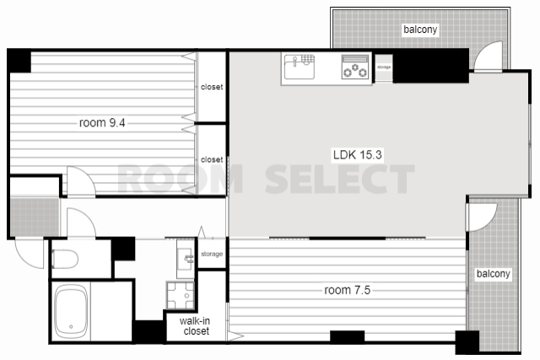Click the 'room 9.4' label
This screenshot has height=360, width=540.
tap(102, 122)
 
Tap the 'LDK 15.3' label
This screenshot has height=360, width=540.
tap(358, 154)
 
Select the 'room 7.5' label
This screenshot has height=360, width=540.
tap(347, 290)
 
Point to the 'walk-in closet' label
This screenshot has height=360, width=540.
tap(195, 326)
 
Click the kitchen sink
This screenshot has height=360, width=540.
tap(299, 67)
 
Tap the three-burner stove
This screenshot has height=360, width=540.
tap(354, 67)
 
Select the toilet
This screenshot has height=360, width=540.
tap(65, 259)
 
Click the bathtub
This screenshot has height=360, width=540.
tap(71, 312)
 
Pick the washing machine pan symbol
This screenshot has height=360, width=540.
tap(181, 295)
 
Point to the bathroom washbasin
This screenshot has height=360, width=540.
tap(186, 259)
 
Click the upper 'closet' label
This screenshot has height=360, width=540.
tap(212, 87)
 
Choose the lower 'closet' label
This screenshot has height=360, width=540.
tap(212, 159)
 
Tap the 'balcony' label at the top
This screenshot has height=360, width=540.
tap(420, 30)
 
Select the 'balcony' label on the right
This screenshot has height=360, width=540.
tap(493, 274)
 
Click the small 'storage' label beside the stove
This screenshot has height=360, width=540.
tap(384, 67)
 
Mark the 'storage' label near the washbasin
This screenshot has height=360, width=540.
tap(212, 254)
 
